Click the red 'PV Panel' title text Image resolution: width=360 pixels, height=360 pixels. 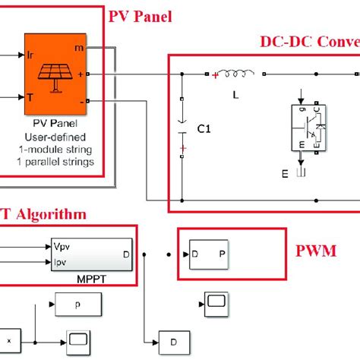[141, 16]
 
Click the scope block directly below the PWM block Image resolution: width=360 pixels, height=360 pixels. [215, 302]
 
